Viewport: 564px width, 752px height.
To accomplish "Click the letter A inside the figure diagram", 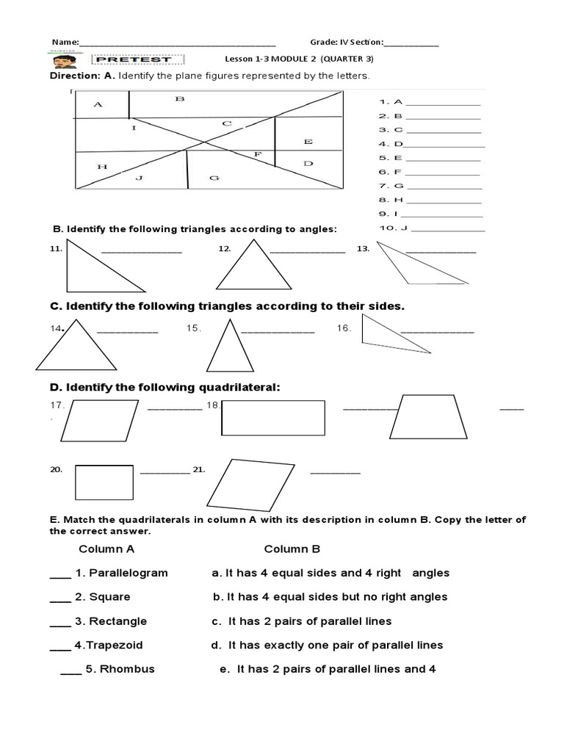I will click(98, 104).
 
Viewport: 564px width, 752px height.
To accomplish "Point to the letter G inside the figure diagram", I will click(214, 177).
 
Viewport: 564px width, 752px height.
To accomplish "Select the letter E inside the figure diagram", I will click(307, 141).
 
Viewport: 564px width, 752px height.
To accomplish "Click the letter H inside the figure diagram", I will click(102, 167).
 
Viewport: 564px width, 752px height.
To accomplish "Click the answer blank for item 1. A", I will click(443, 103).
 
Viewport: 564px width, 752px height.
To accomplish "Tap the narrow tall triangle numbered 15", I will click(229, 350).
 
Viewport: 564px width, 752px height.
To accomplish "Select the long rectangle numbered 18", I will click(273, 418).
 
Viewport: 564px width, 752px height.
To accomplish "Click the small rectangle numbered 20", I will click(104, 482).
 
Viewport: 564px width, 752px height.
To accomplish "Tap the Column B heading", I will click(292, 549).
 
